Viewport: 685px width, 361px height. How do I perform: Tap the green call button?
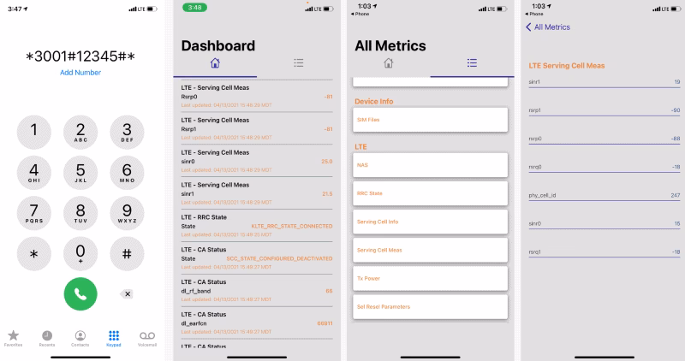pos(80,293)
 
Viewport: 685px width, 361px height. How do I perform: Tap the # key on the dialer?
pos(127,253)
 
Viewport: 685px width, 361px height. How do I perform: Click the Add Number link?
pos(80,73)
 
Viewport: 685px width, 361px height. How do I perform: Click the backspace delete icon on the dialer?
pos(128,293)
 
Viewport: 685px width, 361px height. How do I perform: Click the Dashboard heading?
pos(218,45)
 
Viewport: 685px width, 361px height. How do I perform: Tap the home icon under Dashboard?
pos(215,63)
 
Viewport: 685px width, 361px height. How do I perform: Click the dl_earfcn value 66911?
pos(325,323)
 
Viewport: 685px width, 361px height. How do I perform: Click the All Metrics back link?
pos(548,27)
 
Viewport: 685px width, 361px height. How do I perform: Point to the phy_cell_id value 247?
pos(675,195)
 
